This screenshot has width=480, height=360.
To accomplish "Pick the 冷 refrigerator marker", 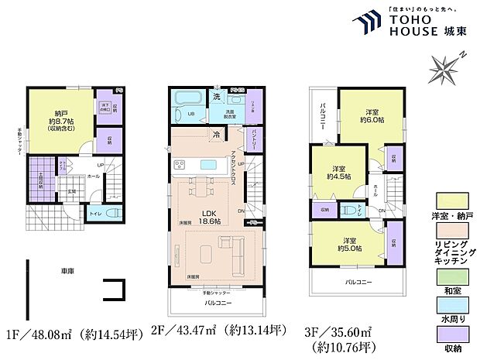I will [216, 135].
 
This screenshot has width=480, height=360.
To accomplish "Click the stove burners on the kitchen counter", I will [179, 164].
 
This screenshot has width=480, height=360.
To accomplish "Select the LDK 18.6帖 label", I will [207, 218].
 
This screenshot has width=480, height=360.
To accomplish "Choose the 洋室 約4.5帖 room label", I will [338, 172].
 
